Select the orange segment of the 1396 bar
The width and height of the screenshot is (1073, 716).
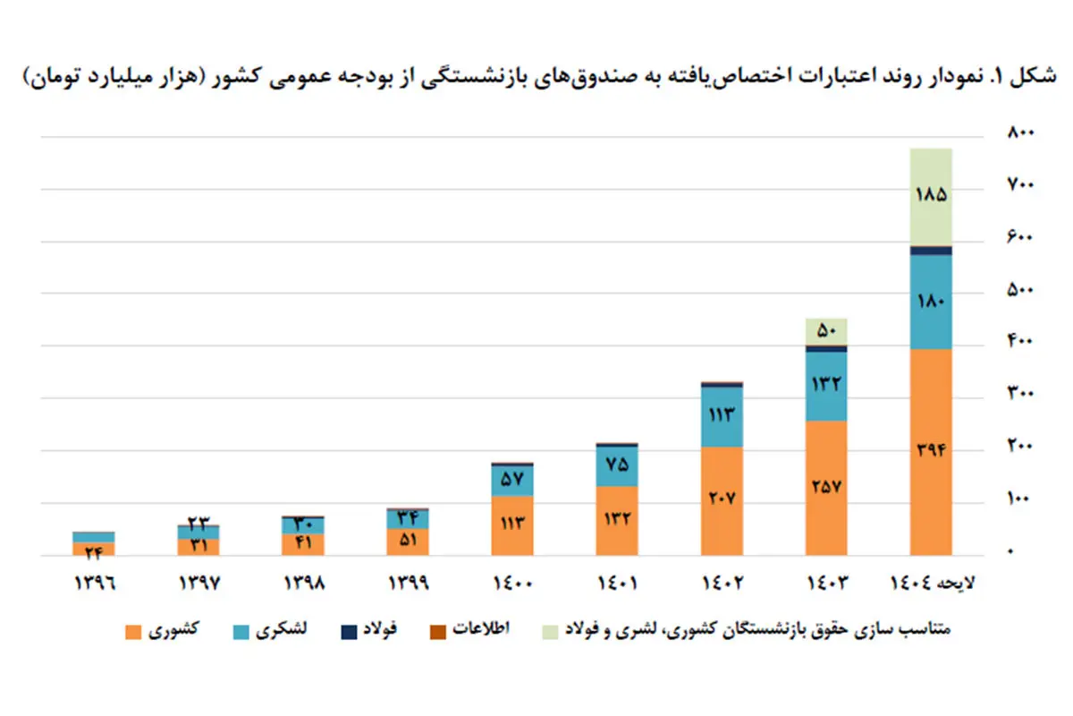94,549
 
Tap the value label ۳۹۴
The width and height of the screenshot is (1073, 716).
930,450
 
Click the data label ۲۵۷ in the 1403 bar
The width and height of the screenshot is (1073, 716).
826,487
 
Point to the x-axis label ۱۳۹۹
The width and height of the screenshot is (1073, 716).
408,583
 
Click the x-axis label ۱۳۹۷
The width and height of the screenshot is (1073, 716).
199,583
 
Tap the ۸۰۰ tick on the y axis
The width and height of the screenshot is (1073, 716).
1019,133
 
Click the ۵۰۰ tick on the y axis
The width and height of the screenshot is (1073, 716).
1019,290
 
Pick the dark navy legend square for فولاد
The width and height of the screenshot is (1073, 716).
348,632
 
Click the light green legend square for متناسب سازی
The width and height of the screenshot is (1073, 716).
550,632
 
